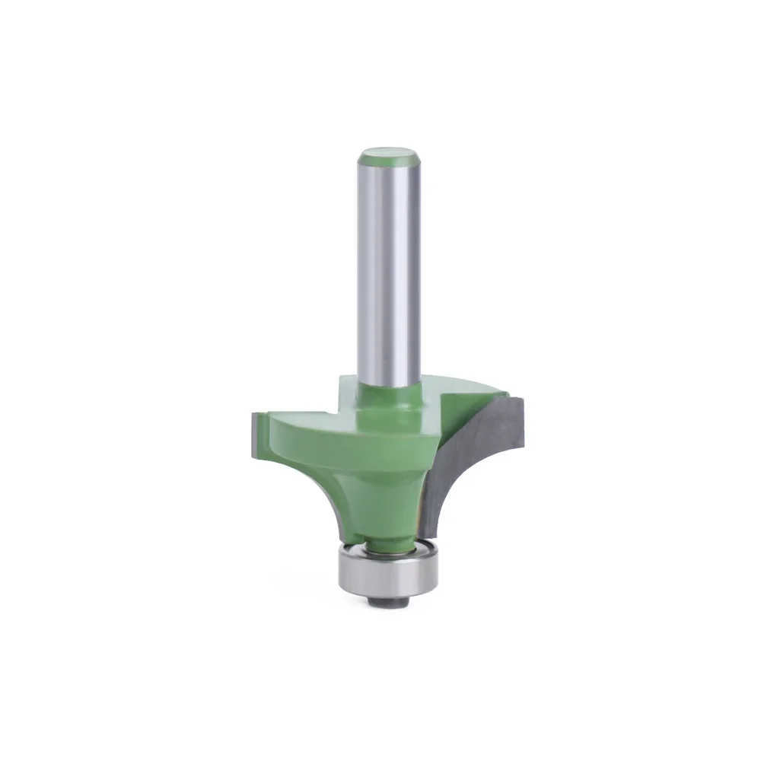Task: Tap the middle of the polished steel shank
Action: (390, 266)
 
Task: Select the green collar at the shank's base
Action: (390, 400)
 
